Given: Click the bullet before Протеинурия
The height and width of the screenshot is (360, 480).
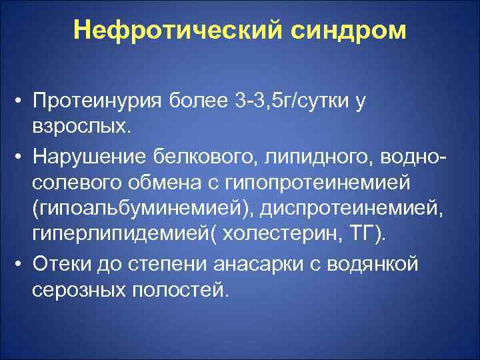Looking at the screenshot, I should (x=21, y=103).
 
